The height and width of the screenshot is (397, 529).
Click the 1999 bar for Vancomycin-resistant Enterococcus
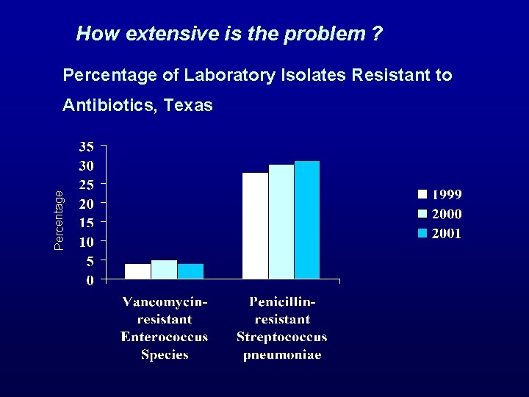[138, 271]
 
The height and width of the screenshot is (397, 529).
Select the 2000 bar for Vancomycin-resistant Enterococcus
[164, 270]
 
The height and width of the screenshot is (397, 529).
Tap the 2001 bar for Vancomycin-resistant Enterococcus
[190, 271]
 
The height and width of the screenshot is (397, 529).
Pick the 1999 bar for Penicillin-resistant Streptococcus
[255, 226]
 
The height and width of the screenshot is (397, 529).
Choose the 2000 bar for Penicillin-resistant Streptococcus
[281, 221]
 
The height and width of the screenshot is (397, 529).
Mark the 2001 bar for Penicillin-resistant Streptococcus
[307, 220]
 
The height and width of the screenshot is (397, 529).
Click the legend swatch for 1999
[422, 195]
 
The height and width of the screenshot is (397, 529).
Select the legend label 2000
[446, 215]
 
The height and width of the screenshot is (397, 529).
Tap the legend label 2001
[446, 234]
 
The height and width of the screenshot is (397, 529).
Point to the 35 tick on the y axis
[86, 145]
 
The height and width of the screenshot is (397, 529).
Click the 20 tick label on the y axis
[86, 203]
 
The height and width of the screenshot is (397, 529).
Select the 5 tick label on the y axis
[90, 261]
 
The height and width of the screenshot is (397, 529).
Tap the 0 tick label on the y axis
[90, 280]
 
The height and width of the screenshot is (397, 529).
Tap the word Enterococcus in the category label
[164, 337]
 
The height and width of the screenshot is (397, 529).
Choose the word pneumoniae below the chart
[282, 354]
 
